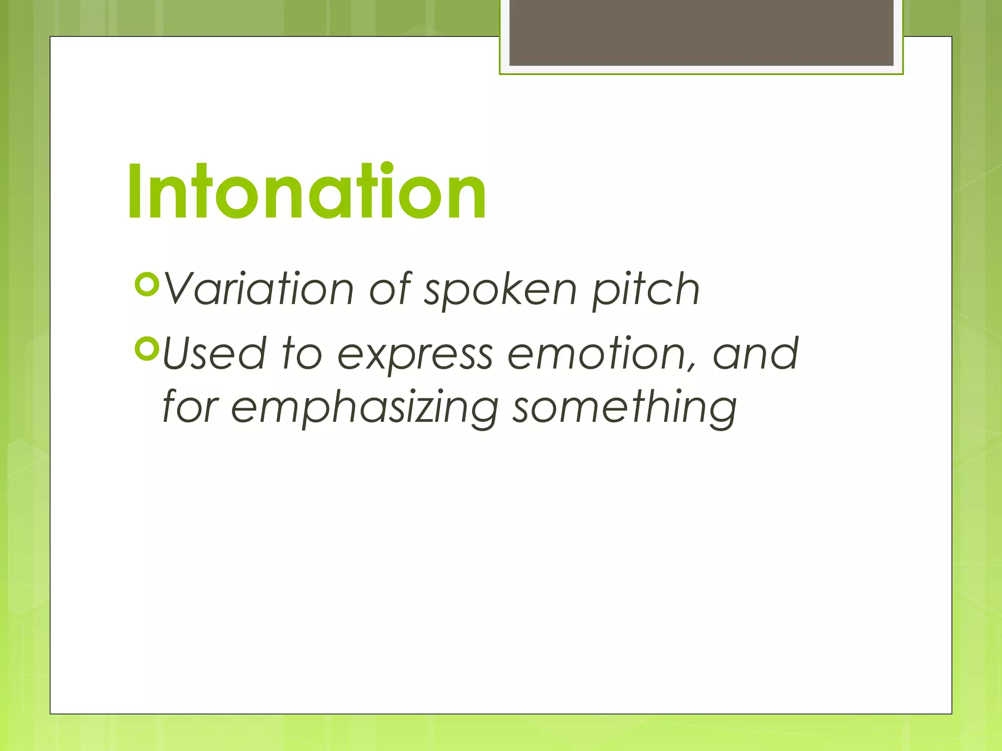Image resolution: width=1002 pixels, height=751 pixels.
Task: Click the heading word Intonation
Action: click(307, 192)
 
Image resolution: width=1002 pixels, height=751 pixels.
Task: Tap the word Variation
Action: click(258, 289)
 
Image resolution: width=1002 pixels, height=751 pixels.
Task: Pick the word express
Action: click(415, 356)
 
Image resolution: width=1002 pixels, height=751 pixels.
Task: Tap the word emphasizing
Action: click(364, 409)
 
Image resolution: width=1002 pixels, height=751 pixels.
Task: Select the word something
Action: click(624, 408)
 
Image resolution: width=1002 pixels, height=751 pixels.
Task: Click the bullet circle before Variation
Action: click(147, 285)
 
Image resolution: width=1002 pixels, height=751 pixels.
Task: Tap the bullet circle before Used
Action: click(147, 348)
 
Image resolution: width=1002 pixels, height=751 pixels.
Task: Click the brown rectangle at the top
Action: click(701, 32)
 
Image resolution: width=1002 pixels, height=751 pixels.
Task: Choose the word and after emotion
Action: click(755, 353)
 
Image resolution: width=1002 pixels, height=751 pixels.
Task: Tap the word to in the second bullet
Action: click(302, 353)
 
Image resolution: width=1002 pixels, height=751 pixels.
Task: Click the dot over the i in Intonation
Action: click(387, 168)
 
